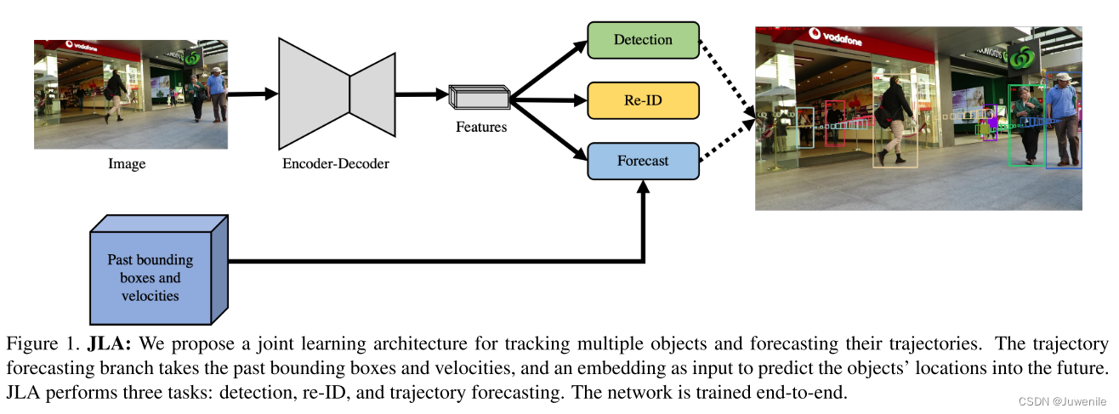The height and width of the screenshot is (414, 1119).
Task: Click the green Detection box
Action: point(643,40)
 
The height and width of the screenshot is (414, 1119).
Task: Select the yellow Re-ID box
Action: point(643,100)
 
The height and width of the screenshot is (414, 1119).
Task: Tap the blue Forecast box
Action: point(643,161)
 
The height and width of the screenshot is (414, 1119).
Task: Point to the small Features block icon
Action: point(479,98)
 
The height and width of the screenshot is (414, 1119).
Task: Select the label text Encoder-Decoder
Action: point(335,163)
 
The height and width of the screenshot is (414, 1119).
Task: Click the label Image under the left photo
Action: point(127,164)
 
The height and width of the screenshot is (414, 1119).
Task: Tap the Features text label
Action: point(480,127)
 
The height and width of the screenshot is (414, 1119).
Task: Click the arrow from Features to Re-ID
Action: point(548,101)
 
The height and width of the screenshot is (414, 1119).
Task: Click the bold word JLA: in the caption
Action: point(111,344)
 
